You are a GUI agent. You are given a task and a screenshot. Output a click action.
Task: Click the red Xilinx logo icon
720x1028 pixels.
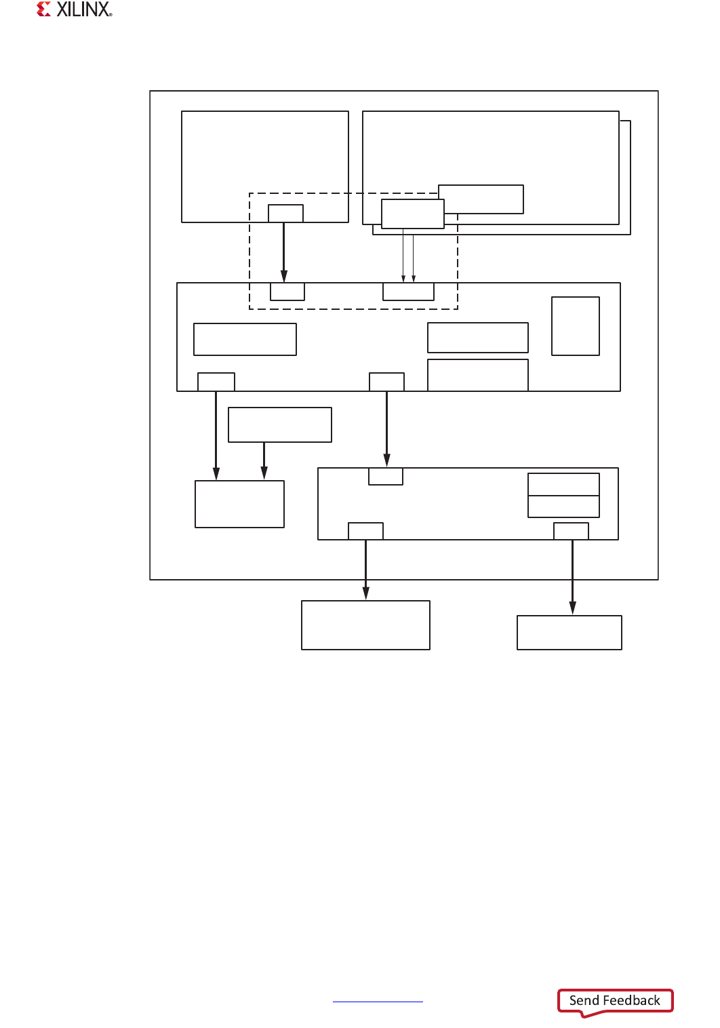44,9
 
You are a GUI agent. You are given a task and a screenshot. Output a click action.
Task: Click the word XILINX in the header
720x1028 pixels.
83,9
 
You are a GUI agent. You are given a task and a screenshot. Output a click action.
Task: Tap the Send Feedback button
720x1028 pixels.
615,1001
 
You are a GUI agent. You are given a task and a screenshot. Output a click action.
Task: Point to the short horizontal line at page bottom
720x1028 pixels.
378,1002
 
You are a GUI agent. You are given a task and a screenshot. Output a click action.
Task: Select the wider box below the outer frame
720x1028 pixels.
365,625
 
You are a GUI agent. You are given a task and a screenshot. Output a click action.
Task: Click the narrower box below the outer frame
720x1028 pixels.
569,633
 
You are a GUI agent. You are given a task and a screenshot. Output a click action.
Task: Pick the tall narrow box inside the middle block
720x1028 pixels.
575,326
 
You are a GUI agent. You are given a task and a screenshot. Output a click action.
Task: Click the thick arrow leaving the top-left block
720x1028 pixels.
284,251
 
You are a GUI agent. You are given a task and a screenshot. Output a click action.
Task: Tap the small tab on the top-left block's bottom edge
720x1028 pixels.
285,213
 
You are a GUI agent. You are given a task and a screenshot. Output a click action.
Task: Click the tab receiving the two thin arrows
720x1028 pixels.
408,292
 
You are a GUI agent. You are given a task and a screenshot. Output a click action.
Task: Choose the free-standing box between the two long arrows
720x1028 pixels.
280,424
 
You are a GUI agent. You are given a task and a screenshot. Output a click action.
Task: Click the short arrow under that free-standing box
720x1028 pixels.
264,460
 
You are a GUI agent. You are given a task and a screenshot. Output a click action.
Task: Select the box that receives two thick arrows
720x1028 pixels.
239,504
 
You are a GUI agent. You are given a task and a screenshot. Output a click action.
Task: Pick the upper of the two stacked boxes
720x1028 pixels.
563,484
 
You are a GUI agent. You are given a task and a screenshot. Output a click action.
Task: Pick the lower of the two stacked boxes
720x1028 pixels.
563,507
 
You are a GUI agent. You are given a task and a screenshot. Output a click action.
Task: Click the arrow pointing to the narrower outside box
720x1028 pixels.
572,576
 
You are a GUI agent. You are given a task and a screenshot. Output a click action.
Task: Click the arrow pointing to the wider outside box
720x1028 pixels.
366,570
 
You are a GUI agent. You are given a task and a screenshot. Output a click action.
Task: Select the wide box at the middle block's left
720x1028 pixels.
245,339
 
